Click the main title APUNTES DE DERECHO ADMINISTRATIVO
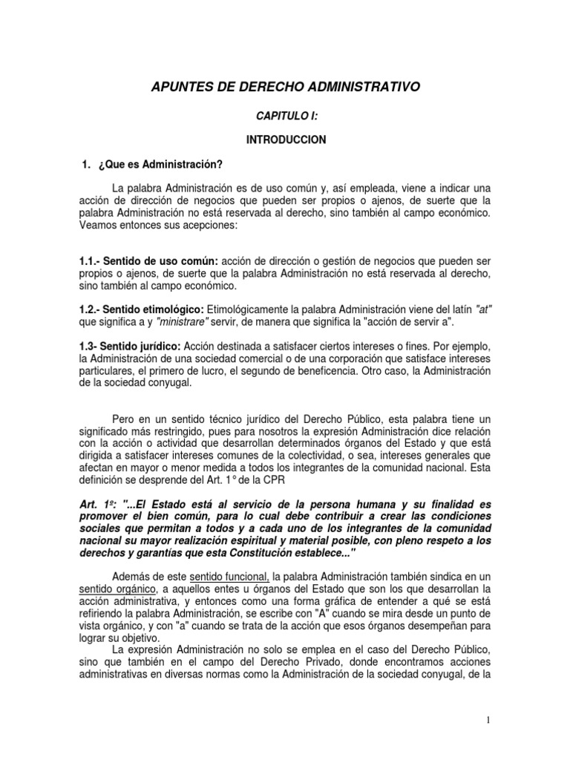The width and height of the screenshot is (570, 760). pos(285,88)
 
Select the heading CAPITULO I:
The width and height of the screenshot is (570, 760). pos(285,117)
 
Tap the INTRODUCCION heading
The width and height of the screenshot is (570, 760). pos(286,140)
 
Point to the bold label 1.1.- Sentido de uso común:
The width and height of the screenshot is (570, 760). pos(148,262)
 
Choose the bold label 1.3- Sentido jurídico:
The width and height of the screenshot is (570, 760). pos(129,346)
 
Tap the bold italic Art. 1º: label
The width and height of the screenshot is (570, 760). pos(97,503)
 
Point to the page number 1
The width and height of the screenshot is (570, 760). pos(488,719)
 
